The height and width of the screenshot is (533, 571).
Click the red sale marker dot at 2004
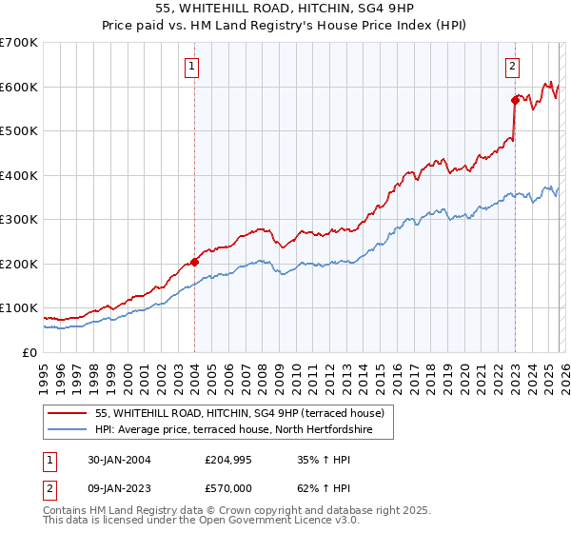(194, 261)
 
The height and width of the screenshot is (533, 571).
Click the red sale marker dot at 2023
(515, 99)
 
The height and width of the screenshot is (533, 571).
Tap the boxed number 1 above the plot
(193, 67)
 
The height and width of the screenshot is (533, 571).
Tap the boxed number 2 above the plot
(513, 67)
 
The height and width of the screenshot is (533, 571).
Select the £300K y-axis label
(19, 220)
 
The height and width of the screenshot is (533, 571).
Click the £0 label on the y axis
(29, 353)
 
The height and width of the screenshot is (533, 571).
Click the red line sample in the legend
(69, 414)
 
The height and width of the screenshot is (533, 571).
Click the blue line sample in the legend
(69, 431)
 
